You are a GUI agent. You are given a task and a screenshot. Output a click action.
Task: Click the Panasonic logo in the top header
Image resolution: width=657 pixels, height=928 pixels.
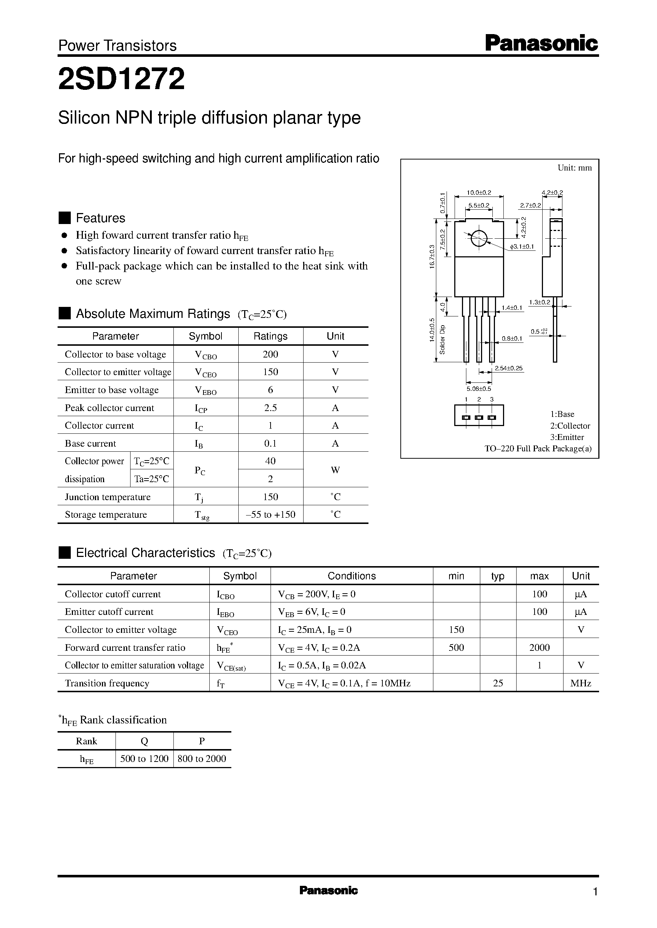[541, 43]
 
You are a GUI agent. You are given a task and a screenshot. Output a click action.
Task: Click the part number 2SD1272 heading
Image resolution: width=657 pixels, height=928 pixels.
[121, 79]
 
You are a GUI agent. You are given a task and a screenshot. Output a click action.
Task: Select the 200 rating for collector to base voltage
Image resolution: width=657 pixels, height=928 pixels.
[270, 355]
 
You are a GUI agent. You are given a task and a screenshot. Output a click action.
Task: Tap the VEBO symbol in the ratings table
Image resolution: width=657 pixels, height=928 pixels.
[206, 390]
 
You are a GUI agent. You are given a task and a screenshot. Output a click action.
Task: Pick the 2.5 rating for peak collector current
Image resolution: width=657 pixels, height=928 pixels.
[270, 408]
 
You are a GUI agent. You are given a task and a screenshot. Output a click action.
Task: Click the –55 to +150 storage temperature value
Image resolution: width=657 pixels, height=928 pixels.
[270, 514]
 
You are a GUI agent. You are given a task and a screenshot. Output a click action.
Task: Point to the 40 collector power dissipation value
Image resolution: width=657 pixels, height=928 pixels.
[270, 461]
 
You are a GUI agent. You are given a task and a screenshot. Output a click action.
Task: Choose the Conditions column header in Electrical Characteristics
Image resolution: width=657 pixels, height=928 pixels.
[351, 576]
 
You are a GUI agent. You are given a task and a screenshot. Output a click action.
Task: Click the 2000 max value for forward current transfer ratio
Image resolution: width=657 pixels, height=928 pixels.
[539, 648]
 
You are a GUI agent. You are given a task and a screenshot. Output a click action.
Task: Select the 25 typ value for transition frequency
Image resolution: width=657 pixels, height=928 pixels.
[498, 683]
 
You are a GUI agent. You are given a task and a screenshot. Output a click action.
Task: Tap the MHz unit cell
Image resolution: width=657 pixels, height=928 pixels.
[580, 683]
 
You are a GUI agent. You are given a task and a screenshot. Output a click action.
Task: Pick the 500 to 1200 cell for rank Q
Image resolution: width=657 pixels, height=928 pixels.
[144, 759]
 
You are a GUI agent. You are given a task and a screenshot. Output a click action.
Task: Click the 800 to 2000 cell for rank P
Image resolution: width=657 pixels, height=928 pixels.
[202, 759]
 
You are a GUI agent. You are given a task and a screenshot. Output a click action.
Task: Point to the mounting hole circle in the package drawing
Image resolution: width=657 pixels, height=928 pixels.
[478, 238]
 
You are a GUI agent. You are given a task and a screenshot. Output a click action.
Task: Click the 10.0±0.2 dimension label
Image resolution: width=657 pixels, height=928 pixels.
[478, 193]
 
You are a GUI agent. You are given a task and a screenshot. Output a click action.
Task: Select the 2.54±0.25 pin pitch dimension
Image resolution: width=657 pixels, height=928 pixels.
[509, 368]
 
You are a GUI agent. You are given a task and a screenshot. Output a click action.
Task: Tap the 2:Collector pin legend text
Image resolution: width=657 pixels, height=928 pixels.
[570, 426]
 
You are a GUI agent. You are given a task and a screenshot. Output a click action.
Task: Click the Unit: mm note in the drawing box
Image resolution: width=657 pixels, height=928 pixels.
[574, 168]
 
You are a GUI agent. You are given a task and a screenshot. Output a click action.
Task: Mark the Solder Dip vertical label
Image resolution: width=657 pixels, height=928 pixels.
[442, 340]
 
